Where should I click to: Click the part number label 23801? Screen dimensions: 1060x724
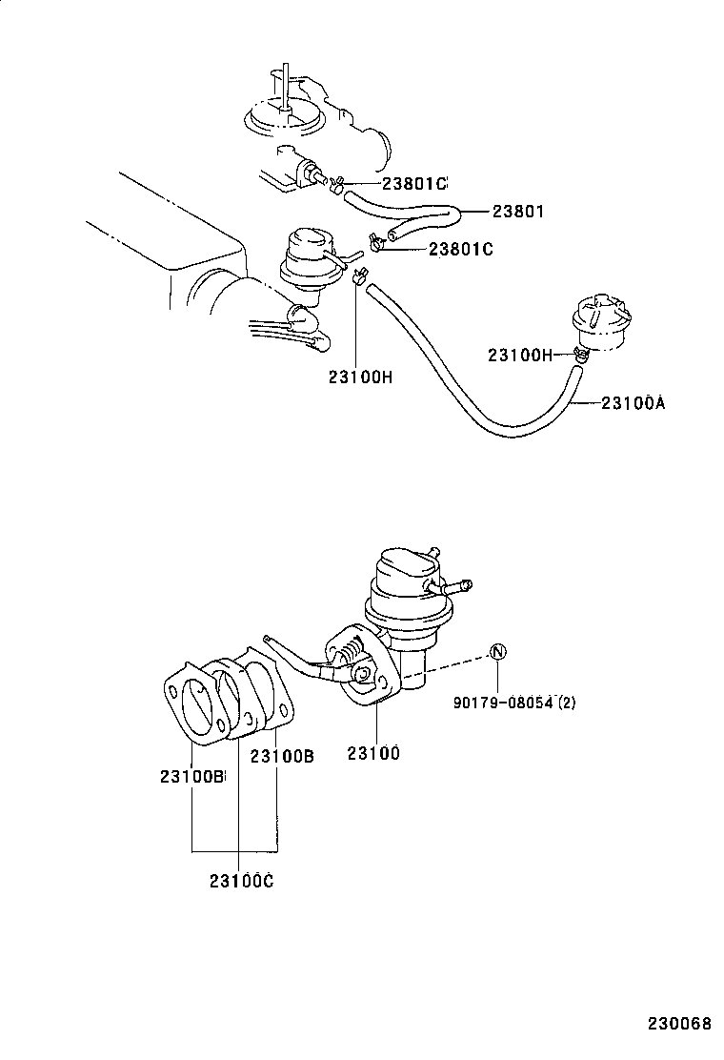(517, 212)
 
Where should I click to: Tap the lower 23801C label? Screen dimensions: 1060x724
(460, 249)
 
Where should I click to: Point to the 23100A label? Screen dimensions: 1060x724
(633, 403)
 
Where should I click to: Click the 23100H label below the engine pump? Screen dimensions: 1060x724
(360, 377)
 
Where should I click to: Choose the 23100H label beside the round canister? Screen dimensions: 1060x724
(519, 355)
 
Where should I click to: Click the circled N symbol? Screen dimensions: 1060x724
(499, 653)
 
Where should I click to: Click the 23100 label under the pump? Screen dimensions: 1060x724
(372, 753)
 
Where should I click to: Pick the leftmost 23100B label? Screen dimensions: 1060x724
(191, 777)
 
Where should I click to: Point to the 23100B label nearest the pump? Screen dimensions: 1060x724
(282, 756)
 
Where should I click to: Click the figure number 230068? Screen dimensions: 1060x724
(680, 1025)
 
